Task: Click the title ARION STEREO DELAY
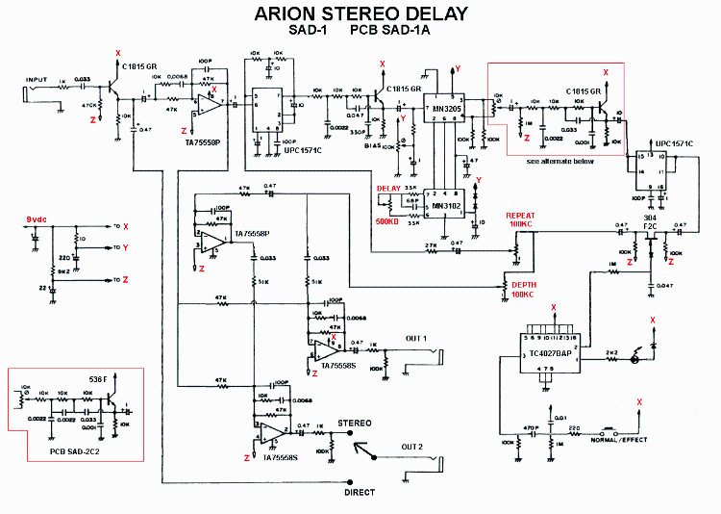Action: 360,13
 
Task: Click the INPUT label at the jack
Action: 37,80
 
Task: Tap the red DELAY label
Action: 389,189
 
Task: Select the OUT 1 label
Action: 416,338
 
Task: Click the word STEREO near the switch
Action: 354,422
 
